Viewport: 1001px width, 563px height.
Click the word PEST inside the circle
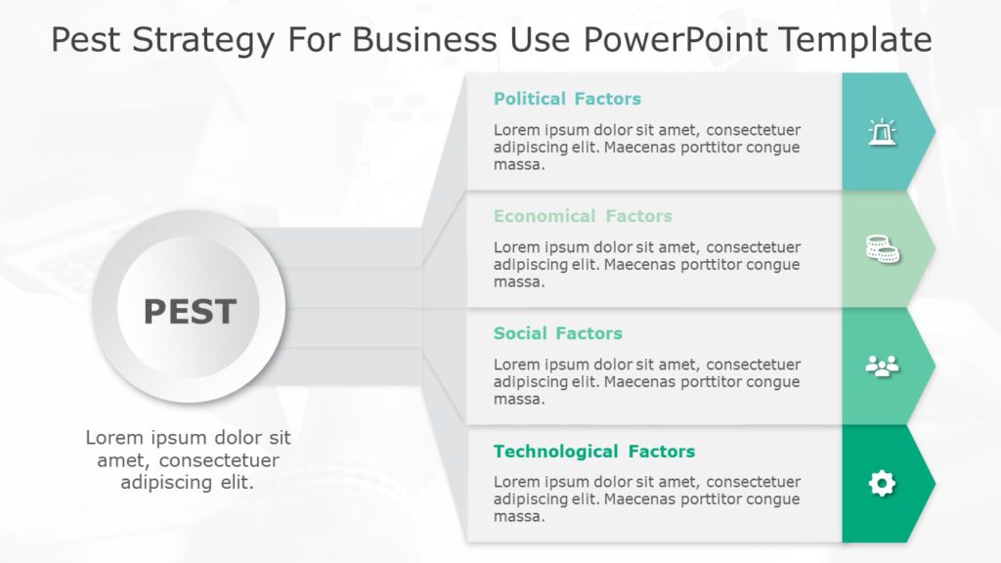click(x=190, y=312)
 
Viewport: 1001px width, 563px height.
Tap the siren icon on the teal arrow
click(x=882, y=132)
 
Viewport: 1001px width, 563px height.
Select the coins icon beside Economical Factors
click(x=882, y=249)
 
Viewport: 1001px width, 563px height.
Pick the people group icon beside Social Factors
click(x=882, y=367)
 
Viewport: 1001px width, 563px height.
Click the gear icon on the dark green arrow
click(x=882, y=483)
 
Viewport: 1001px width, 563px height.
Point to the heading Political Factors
click(x=567, y=99)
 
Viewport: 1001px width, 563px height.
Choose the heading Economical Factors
click(x=583, y=216)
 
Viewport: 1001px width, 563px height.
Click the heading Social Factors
click(x=557, y=333)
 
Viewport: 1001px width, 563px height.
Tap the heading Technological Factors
click(x=594, y=452)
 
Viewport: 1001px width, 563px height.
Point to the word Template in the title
click(x=868, y=40)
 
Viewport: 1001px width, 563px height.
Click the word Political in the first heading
click(x=530, y=99)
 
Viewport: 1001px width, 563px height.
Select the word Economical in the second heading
click(x=544, y=216)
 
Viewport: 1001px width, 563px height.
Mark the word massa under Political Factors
click(x=518, y=165)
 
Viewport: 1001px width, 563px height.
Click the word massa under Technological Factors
click(x=518, y=517)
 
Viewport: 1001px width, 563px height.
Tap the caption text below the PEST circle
click(x=188, y=459)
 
